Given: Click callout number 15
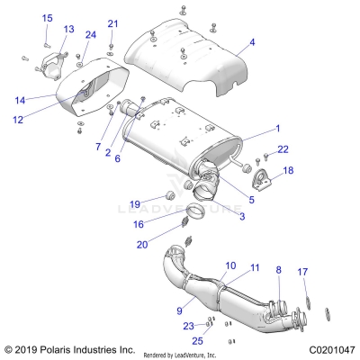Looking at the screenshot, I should tap(47, 18).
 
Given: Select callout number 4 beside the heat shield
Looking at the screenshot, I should tap(252, 42).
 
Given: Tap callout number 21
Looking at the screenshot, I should tap(112, 22).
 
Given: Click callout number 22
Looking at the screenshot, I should tap(283, 148).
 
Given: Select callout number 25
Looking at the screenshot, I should tap(197, 341).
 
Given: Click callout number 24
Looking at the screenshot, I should tap(90, 35).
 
